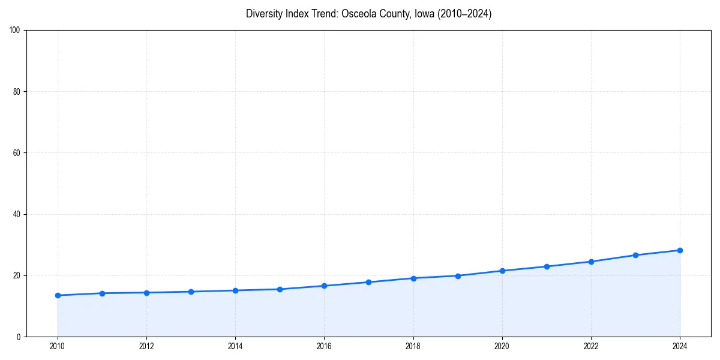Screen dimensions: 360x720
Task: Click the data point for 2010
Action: (58, 295)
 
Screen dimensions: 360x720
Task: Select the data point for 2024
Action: (680, 250)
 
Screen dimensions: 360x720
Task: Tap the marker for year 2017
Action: (368, 282)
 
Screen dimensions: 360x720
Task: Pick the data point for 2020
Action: (502, 271)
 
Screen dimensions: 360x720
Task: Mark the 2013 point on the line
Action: (191, 292)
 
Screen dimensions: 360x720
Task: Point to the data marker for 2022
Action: (591, 262)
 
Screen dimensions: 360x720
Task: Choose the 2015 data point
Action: (280, 289)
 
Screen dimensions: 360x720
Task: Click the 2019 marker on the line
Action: (458, 276)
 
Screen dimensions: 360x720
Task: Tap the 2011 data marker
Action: (102, 293)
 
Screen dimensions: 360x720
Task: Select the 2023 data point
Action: (635, 255)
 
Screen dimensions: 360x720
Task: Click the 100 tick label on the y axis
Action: (15, 30)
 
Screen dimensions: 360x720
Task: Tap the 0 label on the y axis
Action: (19, 337)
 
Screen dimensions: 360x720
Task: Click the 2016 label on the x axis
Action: (324, 346)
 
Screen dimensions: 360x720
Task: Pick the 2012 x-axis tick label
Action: (146, 346)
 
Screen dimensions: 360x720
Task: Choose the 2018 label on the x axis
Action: (413, 346)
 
